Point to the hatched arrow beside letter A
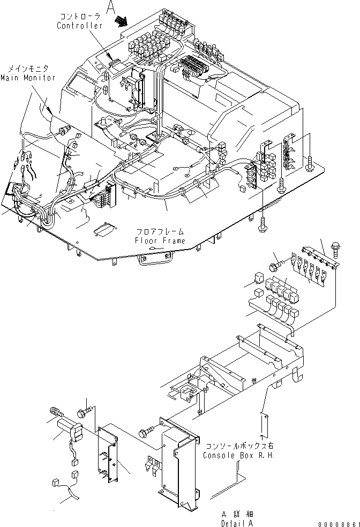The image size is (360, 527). coord(122,21)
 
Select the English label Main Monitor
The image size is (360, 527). coord(28,78)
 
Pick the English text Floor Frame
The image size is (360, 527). coord(160,241)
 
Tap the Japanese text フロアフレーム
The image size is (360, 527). coord(160,232)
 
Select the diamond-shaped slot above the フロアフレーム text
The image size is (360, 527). coord(103,230)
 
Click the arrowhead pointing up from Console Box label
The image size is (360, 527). coord(262,415)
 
